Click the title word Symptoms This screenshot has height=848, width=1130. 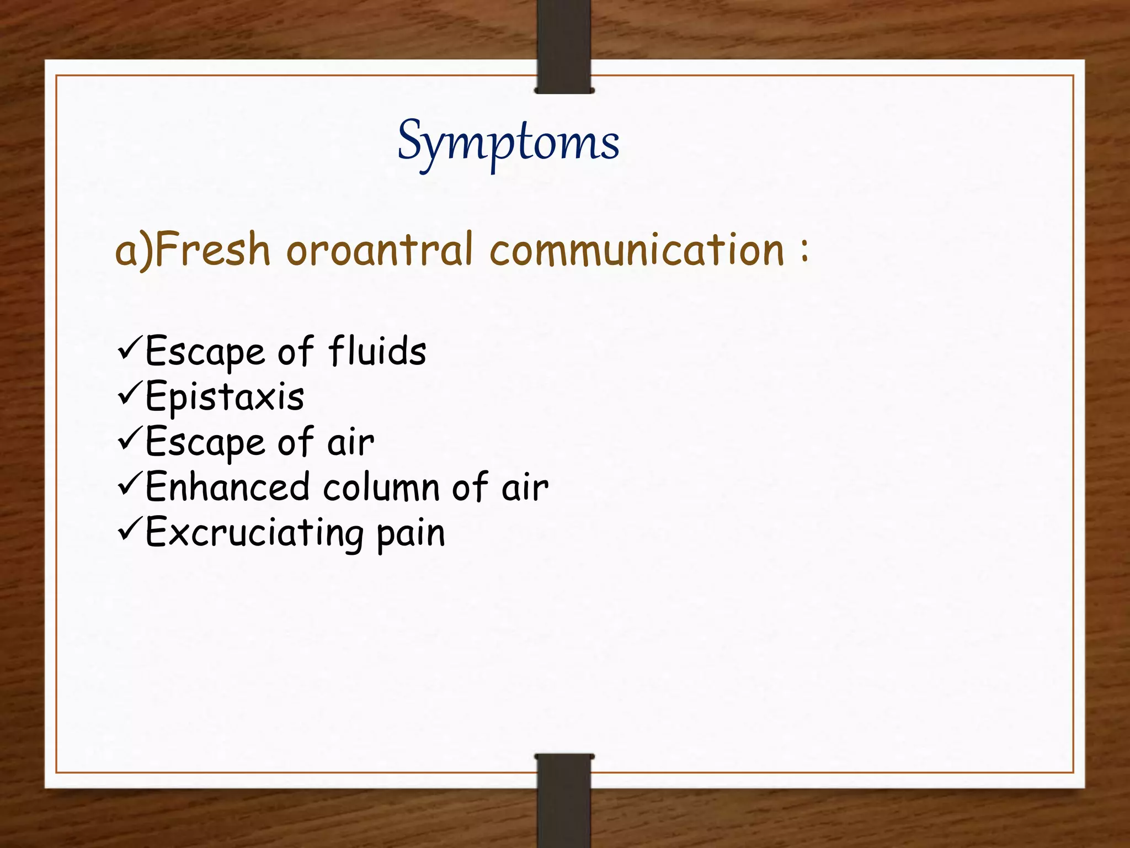tap(508, 142)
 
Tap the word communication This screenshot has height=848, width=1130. tap(637, 250)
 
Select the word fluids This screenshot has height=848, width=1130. tap(377, 351)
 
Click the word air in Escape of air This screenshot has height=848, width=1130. tap(351, 443)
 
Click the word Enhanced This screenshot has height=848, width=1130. tap(227, 487)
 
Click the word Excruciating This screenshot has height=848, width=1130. tap(254, 533)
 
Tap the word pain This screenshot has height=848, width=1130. tap(411, 534)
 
